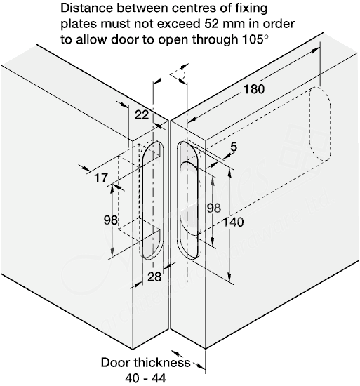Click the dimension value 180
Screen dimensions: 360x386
tap(254, 89)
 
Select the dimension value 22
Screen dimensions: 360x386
tap(142, 114)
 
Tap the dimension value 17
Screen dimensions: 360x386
tap(101, 178)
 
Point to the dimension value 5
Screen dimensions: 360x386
tap(233, 147)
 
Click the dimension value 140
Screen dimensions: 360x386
tap(233, 222)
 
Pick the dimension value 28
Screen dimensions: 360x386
tap(154, 277)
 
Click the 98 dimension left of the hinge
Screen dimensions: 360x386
tap(111, 220)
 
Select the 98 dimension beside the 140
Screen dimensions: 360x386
tap(214, 208)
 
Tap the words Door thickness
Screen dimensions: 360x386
tap(146, 363)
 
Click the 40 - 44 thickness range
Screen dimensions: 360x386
tap(146, 378)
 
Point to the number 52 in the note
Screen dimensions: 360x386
tap(212, 24)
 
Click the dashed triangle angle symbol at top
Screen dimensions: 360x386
tap(178, 74)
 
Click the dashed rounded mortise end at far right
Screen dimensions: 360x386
tap(320, 124)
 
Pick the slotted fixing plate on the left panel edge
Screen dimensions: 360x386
tap(153, 200)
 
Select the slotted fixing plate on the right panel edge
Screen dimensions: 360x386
tap(188, 200)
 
